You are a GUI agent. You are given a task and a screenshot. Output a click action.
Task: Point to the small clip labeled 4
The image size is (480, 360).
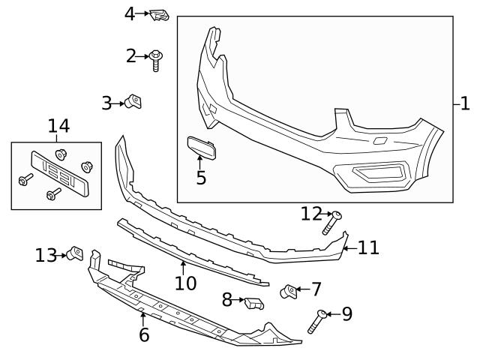click(x=158, y=13)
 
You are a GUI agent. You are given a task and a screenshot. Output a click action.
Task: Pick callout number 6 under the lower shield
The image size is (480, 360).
click(x=144, y=334)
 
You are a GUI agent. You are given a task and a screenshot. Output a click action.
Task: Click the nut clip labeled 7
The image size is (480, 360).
click(x=289, y=290)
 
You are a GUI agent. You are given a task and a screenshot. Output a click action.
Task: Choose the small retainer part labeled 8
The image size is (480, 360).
click(x=253, y=303)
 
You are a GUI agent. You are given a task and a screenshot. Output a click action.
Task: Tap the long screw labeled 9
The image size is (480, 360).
click(x=316, y=322)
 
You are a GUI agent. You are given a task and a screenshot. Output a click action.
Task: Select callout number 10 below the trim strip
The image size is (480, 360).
click(x=185, y=283)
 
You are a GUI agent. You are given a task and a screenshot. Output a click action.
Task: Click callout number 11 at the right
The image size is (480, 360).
click(x=368, y=247)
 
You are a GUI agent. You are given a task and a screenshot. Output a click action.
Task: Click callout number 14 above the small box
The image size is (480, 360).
click(x=58, y=125)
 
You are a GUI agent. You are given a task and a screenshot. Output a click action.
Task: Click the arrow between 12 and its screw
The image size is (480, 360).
click(x=328, y=214)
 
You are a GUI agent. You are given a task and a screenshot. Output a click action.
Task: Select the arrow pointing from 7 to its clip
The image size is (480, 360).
click(x=302, y=289)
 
